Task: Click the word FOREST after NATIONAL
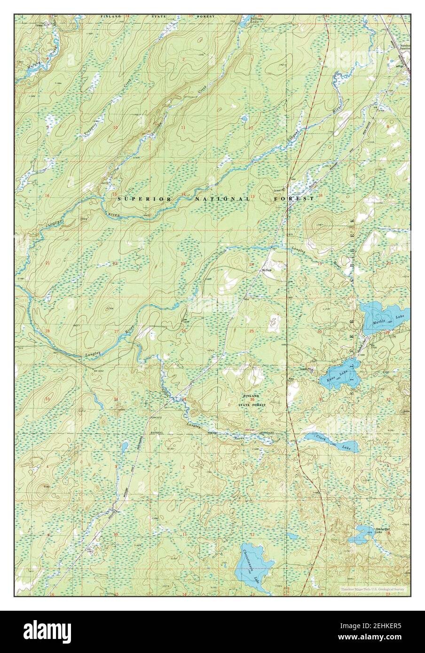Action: pos(294,199)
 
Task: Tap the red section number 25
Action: pos(252,331)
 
